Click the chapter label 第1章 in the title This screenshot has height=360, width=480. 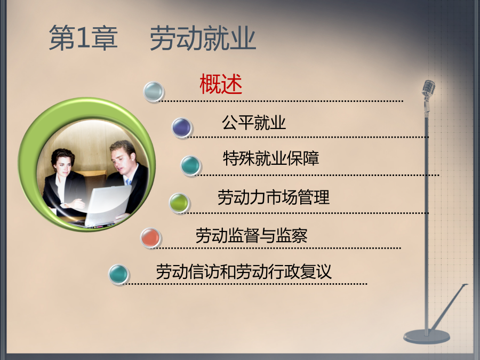click(83, 38)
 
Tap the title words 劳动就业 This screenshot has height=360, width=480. click(203, 38)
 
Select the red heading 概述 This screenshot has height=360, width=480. click(221, 84)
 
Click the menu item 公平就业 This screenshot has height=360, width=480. click(254, 123)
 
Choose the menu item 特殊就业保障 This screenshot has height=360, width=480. click(271, 158)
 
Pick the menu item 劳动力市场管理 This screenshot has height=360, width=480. click(274, 197)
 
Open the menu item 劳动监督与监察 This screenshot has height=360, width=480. click(251, 235)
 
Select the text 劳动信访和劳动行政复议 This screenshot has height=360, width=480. click(244, 271)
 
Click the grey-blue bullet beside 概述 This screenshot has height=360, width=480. click(154, 91)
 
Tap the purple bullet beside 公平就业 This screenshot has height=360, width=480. click(182, 127)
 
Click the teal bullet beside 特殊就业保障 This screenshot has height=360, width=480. click(190, 165)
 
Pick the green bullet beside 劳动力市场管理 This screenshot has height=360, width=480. click(179, 202)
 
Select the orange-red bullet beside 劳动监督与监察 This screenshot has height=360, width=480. click(150, 237)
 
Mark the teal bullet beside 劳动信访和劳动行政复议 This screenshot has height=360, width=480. click(118, 274)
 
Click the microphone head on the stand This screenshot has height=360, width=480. click(428, 89)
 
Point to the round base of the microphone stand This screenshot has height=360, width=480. click(427, 336)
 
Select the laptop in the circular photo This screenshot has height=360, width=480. click(107, 205)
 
